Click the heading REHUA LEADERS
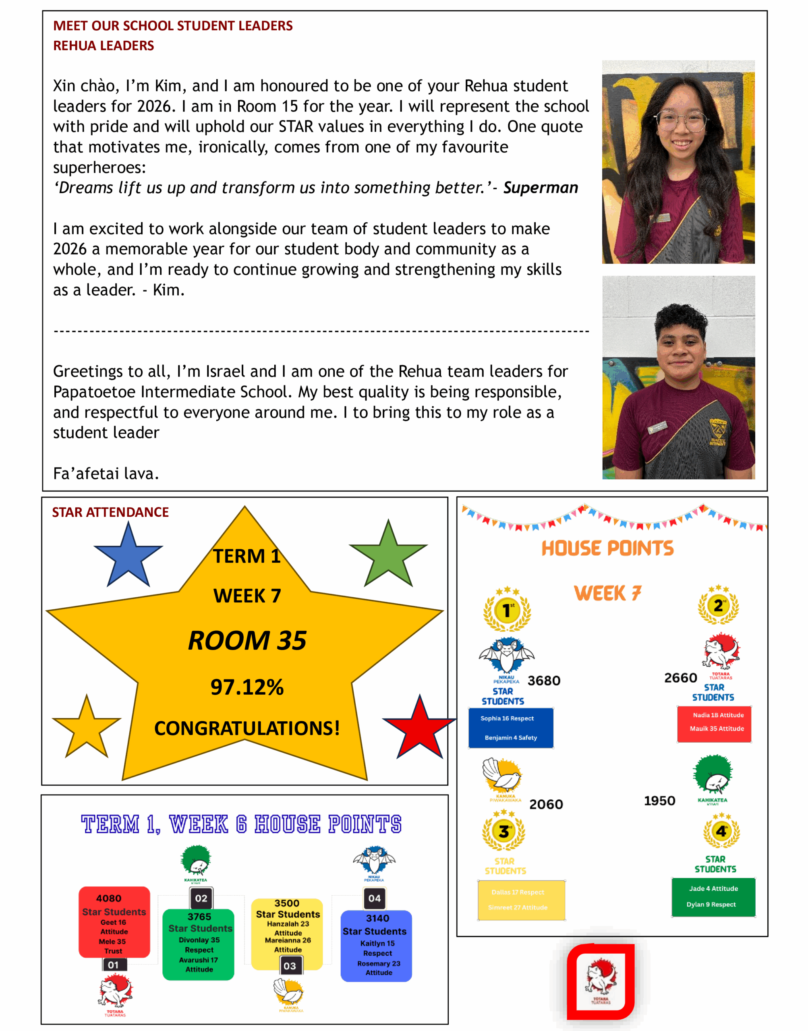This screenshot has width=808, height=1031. [x=103, y=46]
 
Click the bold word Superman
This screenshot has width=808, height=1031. [x=540, y=188]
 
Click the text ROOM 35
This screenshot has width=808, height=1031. [x=247, y=641]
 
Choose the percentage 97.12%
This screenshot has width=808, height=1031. [x=247, y=687]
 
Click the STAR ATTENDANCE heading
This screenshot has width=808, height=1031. [x=110, y=512]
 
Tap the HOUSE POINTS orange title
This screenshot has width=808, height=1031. [x=607, y=548]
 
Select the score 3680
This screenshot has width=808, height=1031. [x=544, y=681]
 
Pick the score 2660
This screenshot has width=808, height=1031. [x=680, y=678]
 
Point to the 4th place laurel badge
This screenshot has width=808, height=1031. [x=721, y=831]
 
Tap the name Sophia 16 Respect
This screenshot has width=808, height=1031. [x=507, y=718]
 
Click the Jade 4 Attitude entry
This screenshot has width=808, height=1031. [x=713, y=889]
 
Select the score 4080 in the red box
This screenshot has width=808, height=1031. [x=109, y=899]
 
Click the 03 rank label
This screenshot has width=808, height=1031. [x=290, y=966]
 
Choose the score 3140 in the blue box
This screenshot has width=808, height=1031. [x=377, y=919]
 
